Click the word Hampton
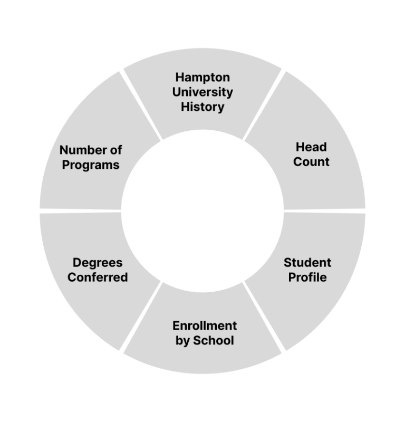[202, 78]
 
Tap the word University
[202, 92]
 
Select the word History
[202, 107]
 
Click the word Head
[311, 147]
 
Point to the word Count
[311, 161]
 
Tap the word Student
[307, 262]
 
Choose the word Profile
[307, 277]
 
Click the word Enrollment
[205, 325]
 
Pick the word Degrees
[98, 262]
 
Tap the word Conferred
[98, 277]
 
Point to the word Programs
[91, 165]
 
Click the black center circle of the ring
[202, 210]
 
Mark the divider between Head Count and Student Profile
[324, 210]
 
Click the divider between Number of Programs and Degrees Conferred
[80, 210]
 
